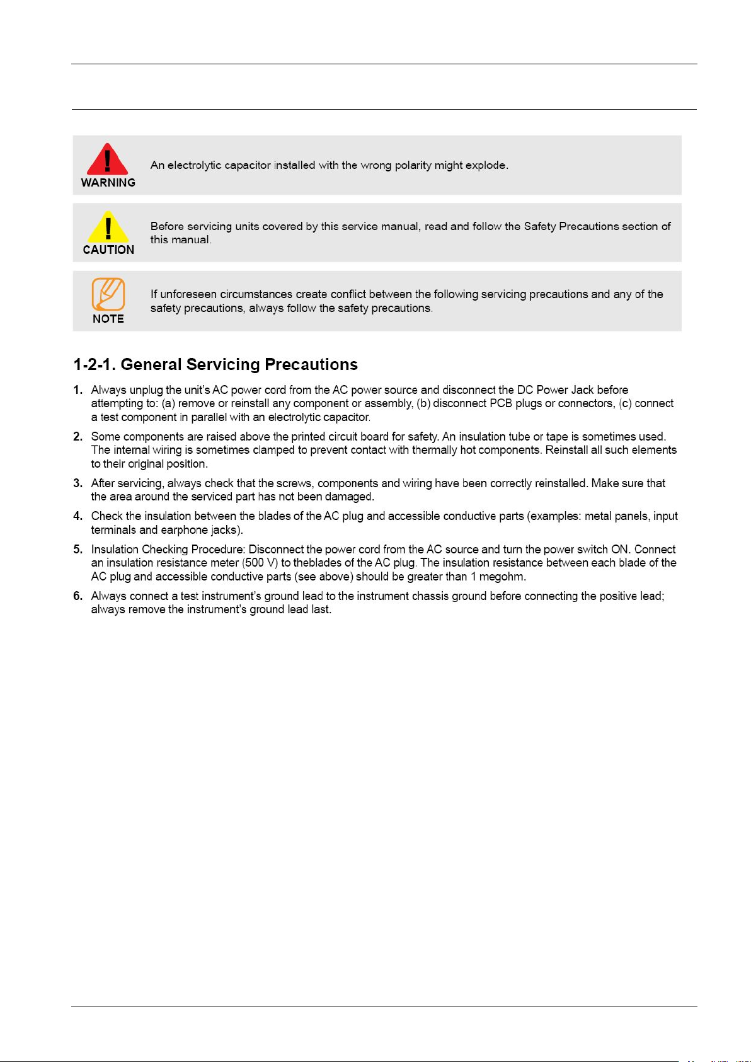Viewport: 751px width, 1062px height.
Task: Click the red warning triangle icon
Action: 108,159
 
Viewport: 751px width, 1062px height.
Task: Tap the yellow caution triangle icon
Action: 108,227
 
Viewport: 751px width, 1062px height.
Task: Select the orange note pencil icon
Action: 108,294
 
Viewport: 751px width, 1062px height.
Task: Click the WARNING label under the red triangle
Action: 108,183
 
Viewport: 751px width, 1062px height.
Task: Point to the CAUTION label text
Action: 108,250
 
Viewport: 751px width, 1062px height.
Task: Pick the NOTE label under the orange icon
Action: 108,319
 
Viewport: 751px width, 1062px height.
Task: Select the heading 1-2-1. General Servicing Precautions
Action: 215,364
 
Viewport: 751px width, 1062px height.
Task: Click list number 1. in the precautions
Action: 77,390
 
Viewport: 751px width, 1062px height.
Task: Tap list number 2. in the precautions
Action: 77,437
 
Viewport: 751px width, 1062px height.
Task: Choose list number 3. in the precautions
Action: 77,483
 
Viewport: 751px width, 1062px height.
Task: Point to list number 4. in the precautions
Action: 77,516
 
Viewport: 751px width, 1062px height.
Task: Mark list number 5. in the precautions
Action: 77,550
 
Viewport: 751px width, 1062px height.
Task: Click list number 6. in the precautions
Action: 77,596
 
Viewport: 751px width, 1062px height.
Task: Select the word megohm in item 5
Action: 502,577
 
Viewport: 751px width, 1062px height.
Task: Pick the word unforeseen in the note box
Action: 188,294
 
